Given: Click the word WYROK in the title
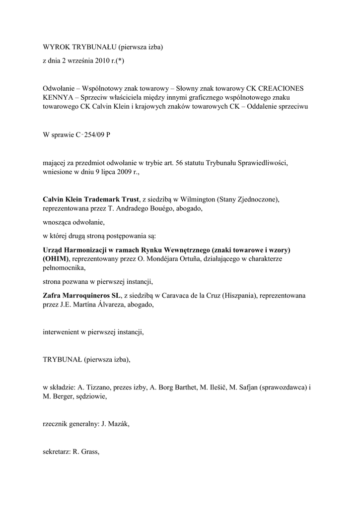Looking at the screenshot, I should [x=56, y=47].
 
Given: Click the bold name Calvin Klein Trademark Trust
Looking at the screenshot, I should [x=90, y=199].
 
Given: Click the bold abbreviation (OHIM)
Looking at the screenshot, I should [x=56, y=259].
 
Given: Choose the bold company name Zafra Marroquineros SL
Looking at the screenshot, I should [x=81, y=295].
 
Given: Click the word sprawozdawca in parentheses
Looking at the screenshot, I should [x=283, y=387].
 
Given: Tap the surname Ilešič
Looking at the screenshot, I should [x=214, y=387].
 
